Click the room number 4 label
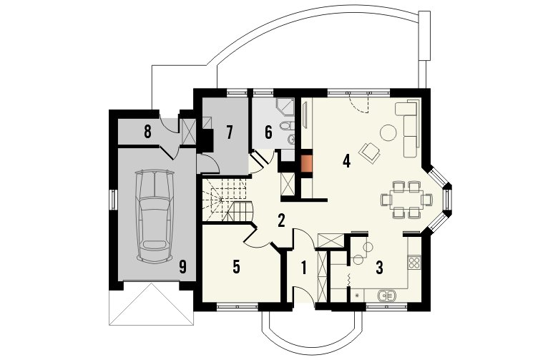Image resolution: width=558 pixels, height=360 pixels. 346,161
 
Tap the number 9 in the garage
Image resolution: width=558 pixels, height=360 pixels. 182,267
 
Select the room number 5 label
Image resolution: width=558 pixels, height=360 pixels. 236,267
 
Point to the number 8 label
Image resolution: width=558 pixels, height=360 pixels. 147,132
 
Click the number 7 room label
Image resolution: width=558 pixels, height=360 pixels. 230,132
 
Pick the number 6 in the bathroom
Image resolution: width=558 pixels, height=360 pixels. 268,132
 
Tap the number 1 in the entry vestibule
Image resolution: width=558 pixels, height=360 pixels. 303,268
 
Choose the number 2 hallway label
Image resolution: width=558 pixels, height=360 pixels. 281,220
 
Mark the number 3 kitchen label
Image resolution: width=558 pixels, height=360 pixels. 380,268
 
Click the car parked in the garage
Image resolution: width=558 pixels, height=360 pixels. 155,216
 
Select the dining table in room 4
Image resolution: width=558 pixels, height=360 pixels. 406,200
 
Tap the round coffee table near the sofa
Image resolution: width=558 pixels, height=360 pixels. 388,133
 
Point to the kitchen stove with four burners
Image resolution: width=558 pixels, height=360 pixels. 414,263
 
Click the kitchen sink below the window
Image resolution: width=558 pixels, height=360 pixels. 386,295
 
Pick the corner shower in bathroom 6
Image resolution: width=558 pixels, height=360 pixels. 285,107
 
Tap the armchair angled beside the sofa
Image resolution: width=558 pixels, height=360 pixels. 370,152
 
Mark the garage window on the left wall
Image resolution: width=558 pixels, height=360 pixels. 114,200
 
